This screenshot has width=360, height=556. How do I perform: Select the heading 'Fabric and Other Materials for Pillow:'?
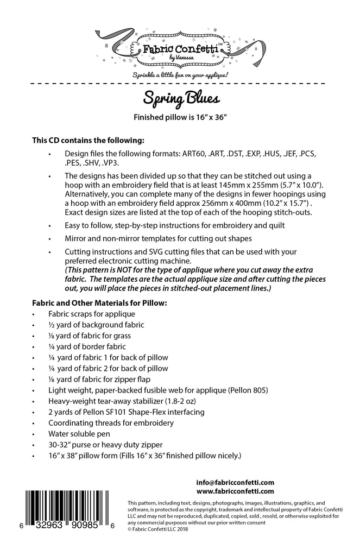pyautogui.click(x=99, y=302)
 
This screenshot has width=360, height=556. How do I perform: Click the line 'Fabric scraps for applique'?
pyautogui.click(x=99, y=314)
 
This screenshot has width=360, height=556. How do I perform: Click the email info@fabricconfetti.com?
pyautogui.click(x=235, y=482)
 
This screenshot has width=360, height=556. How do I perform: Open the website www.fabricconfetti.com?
pyautogui.click(x=235, y=491)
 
